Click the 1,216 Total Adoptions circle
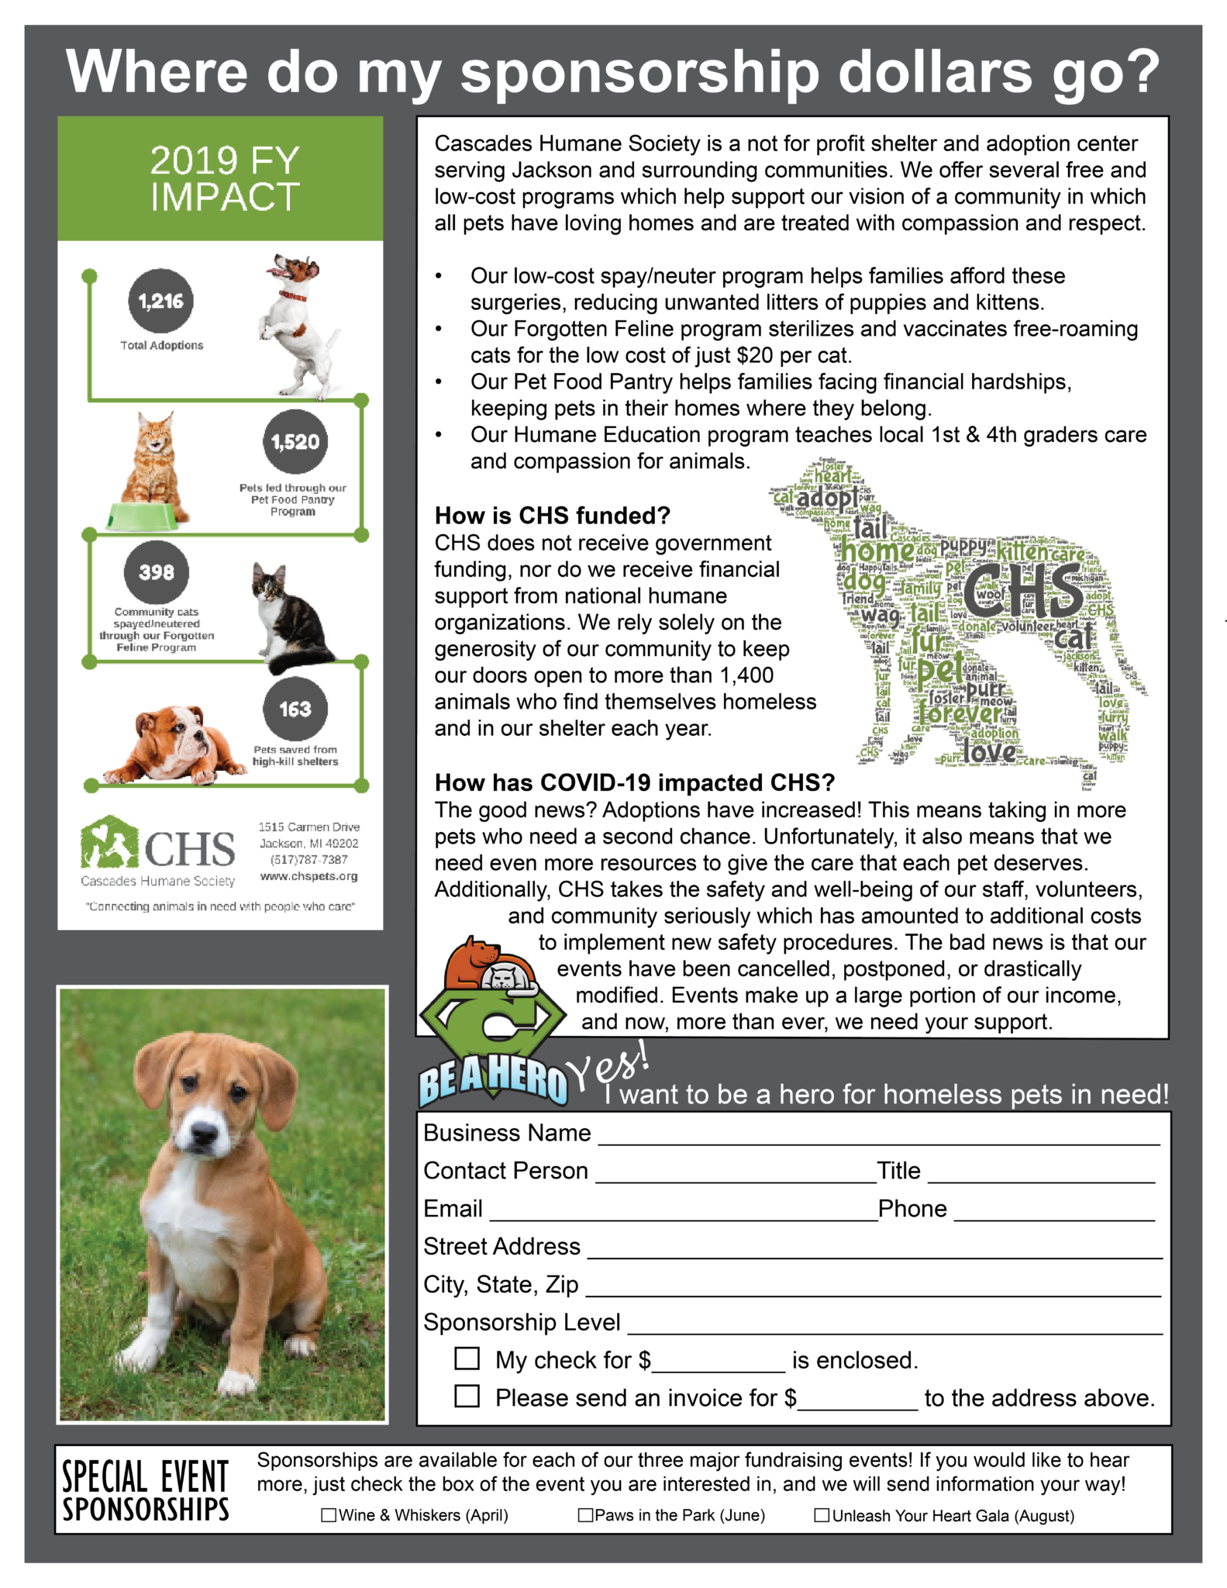point(161,301)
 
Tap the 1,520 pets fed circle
point(295,442)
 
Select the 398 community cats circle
point(157,572)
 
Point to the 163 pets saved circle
point(295,709)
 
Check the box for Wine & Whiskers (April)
point(329,1515)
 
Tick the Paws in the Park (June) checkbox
point(586,1515)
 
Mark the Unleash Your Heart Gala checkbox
point(822,1515)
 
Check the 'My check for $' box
point(467,1358)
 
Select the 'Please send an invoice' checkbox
point(467,1396)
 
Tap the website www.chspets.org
point(308,876)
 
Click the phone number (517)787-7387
point(308,860)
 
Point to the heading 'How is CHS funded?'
point(552,516)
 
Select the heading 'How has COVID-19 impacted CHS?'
point(634,783)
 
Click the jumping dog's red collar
point(293,295)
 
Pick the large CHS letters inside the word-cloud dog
point(1022,589)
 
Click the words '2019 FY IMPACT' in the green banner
point(224,179)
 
